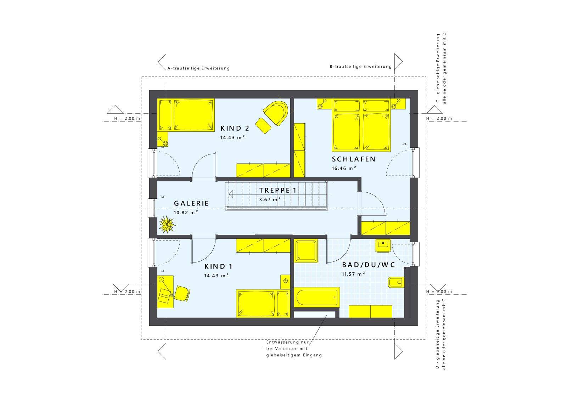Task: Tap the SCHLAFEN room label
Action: pos(354,159)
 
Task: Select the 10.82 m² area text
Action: pos(186,213)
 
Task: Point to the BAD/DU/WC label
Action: pos(369,265)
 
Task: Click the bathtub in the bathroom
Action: pos(317,298)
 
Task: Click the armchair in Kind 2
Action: pos(276,112)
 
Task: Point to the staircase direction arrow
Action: pos(231,194)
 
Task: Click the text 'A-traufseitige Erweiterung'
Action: pos(198,68)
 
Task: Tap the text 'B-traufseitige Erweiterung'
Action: pos(361,67)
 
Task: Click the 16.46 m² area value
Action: pos(344,169)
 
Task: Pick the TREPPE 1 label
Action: pos(278,191)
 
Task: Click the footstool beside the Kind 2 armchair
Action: pos(263,125)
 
